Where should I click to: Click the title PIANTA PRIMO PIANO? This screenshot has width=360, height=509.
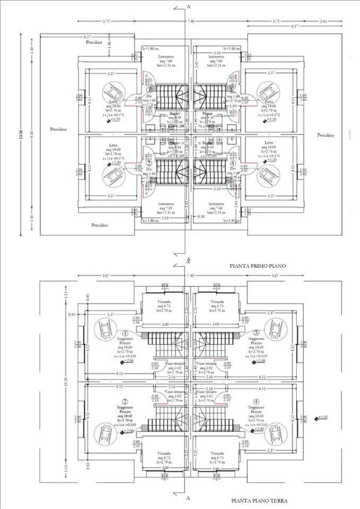pyautogui.click(x=258, y=266)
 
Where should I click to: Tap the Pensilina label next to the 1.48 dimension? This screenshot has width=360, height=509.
pyautogui.click(x=93, y=43)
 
